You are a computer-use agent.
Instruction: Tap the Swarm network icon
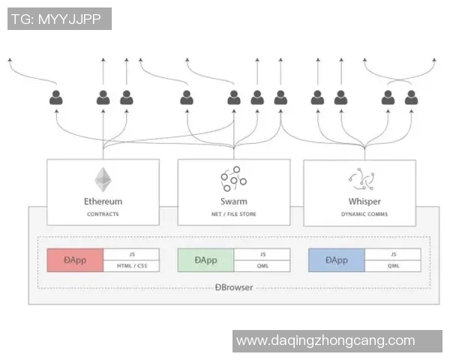tap(233, 178)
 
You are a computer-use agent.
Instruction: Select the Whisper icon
tap(364, 178)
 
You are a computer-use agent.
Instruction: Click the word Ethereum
tap(103, 201)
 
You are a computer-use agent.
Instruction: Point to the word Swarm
tap(233, 201)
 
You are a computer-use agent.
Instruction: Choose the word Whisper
tap(364, 201)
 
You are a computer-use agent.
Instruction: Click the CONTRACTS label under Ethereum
tap(103, 214)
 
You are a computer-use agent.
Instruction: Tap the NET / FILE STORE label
tap(233, 214)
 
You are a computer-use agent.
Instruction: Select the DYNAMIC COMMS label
tap(364, 214)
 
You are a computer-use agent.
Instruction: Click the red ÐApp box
tap(75, 260)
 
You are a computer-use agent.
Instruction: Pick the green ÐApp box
tap(205, 260)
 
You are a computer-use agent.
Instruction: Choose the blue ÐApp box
tap(336, 260)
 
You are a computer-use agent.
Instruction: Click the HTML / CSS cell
tap(131, 266)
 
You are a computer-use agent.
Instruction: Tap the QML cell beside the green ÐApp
tap(262, 266)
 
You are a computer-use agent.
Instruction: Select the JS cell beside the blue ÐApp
tap(392, 254)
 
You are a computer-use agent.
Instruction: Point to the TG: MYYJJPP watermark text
tap(59, 19)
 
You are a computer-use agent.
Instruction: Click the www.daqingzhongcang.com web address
tap(325, 341)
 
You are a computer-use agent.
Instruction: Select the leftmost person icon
tap(56, 97)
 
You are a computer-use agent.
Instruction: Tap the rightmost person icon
tap(411, 97)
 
